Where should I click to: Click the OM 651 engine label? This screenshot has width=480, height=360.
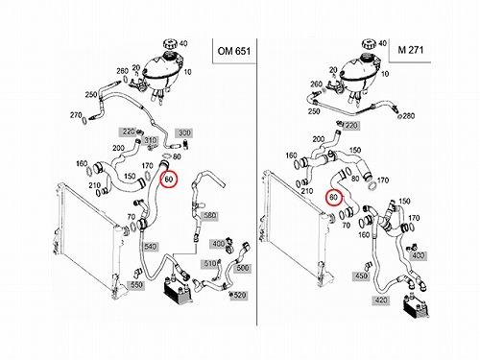tap(234, 51)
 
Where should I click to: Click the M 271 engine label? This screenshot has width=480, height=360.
tap(411, 50)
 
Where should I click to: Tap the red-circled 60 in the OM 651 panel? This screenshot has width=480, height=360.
tap(169, 180)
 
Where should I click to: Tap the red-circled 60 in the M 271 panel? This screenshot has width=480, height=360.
tap(334, 198)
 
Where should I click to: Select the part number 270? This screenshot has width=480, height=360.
tap(76, 114)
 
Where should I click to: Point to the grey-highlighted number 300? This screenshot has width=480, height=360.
tap(184, 132)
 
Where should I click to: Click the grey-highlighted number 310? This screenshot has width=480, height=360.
tap(151, 140)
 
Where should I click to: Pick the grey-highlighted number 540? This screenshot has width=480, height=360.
tap(150, 247)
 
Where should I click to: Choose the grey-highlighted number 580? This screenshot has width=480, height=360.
tap(209, 215)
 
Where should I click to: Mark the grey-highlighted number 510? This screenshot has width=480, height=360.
tap(210, 263)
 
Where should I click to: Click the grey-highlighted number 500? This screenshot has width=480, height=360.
tap(242, 268)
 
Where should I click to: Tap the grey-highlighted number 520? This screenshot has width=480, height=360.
tap(240, 295)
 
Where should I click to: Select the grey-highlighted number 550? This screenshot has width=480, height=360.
tap(136, 285)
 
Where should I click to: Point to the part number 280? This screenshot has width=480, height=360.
tap(408, 115)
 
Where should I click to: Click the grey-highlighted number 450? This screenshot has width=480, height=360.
tap(361, 276)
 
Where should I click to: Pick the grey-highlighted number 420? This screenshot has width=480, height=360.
tap(380, 300)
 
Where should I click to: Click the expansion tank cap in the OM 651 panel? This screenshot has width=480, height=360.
tap(170, 44)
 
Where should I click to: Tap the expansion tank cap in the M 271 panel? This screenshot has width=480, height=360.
tap(370, 44)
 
